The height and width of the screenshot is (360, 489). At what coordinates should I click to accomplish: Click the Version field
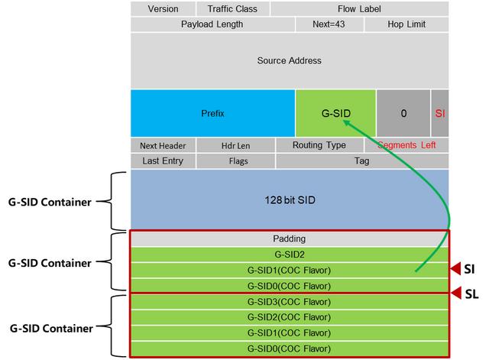pyautogui.click(x=162, y=9)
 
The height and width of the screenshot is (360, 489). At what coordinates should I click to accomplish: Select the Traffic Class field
pyautogui.click(x=233, y=9)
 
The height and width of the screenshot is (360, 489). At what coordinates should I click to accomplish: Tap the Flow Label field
pyautogui.click(x=359, y=9)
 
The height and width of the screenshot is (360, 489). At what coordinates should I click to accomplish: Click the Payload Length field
pyautogui.click(x=212, y=24)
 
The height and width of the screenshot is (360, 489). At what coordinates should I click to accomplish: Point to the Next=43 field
pyautogui.click(x=329, y=24)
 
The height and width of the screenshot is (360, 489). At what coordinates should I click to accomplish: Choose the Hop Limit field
pyautogui.click(x=406, y=24)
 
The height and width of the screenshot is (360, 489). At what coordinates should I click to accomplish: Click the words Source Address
pyautogui.click(x=289, y=60)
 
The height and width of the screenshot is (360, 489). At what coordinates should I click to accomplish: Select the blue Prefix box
pyautogui.click(x=212, y=113)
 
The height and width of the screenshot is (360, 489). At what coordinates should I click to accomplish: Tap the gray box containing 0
pyautogui.click(x=403, y=113)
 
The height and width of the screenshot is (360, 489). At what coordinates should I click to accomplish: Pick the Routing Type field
pyautogui.click(x=319, y=145)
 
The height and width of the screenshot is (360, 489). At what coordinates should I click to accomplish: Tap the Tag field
pyautogui.click(x=362, y=161)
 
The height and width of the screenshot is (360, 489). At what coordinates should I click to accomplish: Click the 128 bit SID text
pyautogui.click(x=289, y=199)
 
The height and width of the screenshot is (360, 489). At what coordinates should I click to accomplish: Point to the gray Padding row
pyautogui.click(x=289, y=238)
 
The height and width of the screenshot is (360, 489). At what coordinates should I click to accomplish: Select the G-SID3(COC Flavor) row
pyautogui.click(x=289, y=302)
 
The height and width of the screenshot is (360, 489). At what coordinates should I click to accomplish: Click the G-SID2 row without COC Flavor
pyautogui.click(x=289, y=254)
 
